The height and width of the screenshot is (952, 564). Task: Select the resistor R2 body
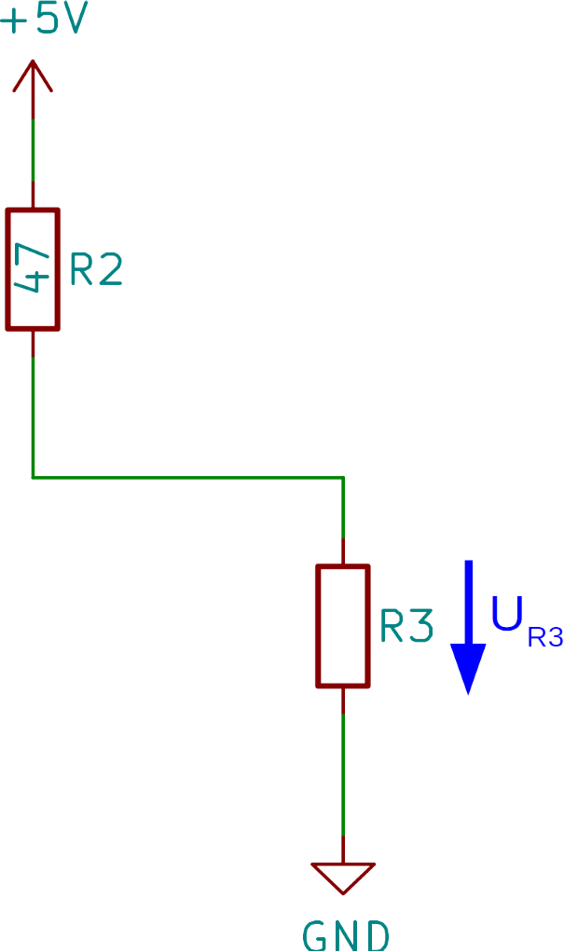(33, 269)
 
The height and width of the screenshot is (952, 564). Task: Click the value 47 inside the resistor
(33, 269)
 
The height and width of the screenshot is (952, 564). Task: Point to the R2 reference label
(96, 271)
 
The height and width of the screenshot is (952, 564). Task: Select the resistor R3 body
(343, 625)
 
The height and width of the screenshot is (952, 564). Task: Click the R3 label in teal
(406, 628)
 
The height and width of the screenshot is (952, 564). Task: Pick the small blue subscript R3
(545, 638)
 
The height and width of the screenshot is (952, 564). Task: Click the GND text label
(345, 934)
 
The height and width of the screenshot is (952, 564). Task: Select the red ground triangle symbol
(343, 877)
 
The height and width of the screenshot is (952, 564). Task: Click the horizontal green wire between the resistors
(186, 478)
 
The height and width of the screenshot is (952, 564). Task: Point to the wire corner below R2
(33, 478)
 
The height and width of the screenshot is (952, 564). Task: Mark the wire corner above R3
(343, 479)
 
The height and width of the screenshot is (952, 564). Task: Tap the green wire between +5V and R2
(33, 149)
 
